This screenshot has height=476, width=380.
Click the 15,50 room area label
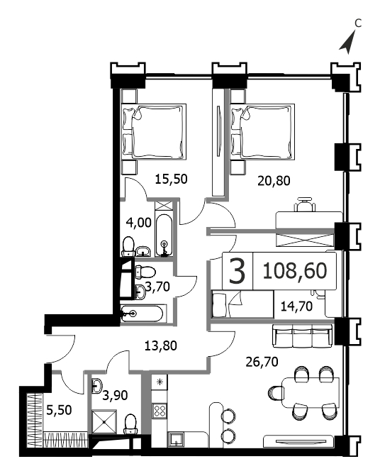click(x=171, y=179)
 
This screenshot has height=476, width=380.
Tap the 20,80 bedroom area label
click(x=274, y=181)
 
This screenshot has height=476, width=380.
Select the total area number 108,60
click(x=295, y=271)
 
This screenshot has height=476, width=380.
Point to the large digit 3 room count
click(x=238, y=271)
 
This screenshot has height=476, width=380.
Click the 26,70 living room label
click(x=262, y=362)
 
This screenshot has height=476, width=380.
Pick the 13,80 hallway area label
click(x=160, y=345)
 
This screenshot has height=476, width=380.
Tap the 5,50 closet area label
click(x=59, y=410)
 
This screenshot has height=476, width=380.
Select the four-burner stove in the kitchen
click(x=160, y=411)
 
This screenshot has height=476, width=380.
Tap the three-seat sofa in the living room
click(x=302, y=336)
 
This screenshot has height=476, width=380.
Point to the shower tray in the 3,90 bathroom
click(x=104, y=422)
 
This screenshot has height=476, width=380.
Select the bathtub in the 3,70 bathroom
click(x=143, y=314)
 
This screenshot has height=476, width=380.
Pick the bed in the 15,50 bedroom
click(x=154, y=131)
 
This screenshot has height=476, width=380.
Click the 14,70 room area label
click(x=296, y=306)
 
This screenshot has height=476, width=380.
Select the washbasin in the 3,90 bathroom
click(x=96, y=386)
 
